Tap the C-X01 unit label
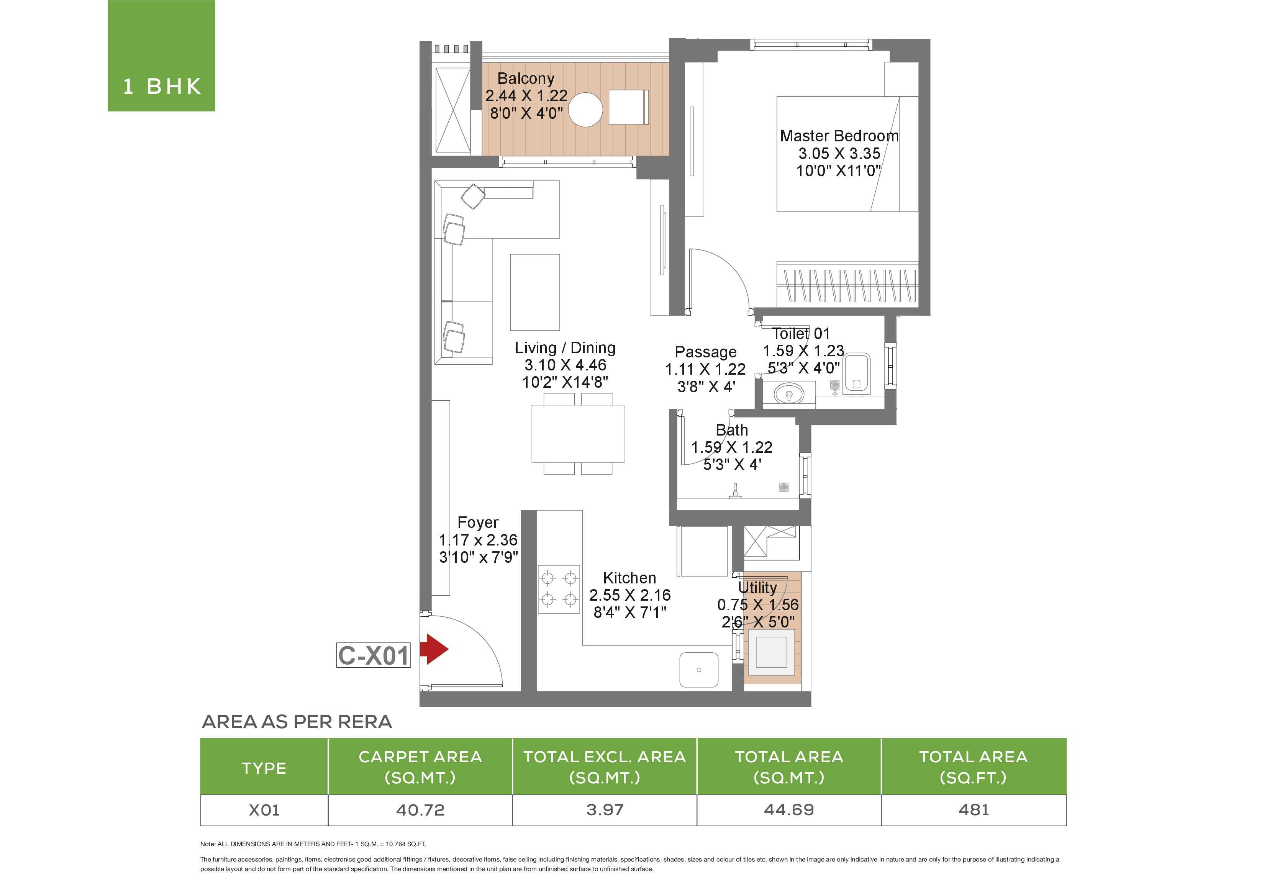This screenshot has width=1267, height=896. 373,655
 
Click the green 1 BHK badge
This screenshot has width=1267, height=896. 161,56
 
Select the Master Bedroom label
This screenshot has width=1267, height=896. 839,136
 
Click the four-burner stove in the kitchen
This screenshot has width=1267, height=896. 559,589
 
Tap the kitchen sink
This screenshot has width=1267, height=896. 698,670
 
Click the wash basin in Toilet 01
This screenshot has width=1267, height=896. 789,394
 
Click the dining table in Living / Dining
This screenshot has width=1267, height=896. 578,434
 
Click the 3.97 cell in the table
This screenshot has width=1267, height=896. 605,810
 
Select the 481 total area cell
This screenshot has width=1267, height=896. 974,810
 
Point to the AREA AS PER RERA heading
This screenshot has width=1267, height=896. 297,722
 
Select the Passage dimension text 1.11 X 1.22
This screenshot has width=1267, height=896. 705,369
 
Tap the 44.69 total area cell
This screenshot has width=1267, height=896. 789,810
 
